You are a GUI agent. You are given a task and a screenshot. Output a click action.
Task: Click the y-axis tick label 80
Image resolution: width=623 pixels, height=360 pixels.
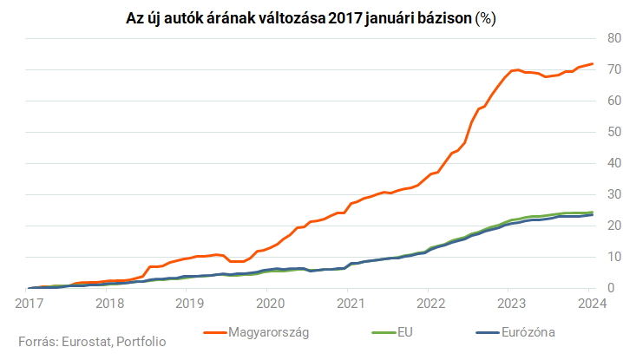click(613, 38)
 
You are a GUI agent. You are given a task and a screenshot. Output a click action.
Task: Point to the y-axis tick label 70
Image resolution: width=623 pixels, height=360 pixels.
click(613, 69)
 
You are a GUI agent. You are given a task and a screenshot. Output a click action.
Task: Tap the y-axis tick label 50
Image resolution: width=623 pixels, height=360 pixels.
click(613, 132)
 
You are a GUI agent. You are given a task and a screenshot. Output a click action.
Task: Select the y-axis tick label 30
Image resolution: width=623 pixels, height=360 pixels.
click(613, 194)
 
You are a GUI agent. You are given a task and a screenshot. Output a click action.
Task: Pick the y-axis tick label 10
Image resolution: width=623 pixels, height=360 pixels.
click(613, 257)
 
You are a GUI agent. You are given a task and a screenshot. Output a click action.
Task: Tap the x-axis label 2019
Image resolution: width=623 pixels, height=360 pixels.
click(189, 303)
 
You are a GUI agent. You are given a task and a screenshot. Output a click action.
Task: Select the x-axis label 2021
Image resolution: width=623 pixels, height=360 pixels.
click(351, 303)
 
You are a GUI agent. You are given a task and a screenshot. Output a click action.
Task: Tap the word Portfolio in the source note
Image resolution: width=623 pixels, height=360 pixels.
click(141, 342)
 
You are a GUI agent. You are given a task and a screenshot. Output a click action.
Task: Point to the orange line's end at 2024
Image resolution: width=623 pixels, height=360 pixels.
click(593, 63)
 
